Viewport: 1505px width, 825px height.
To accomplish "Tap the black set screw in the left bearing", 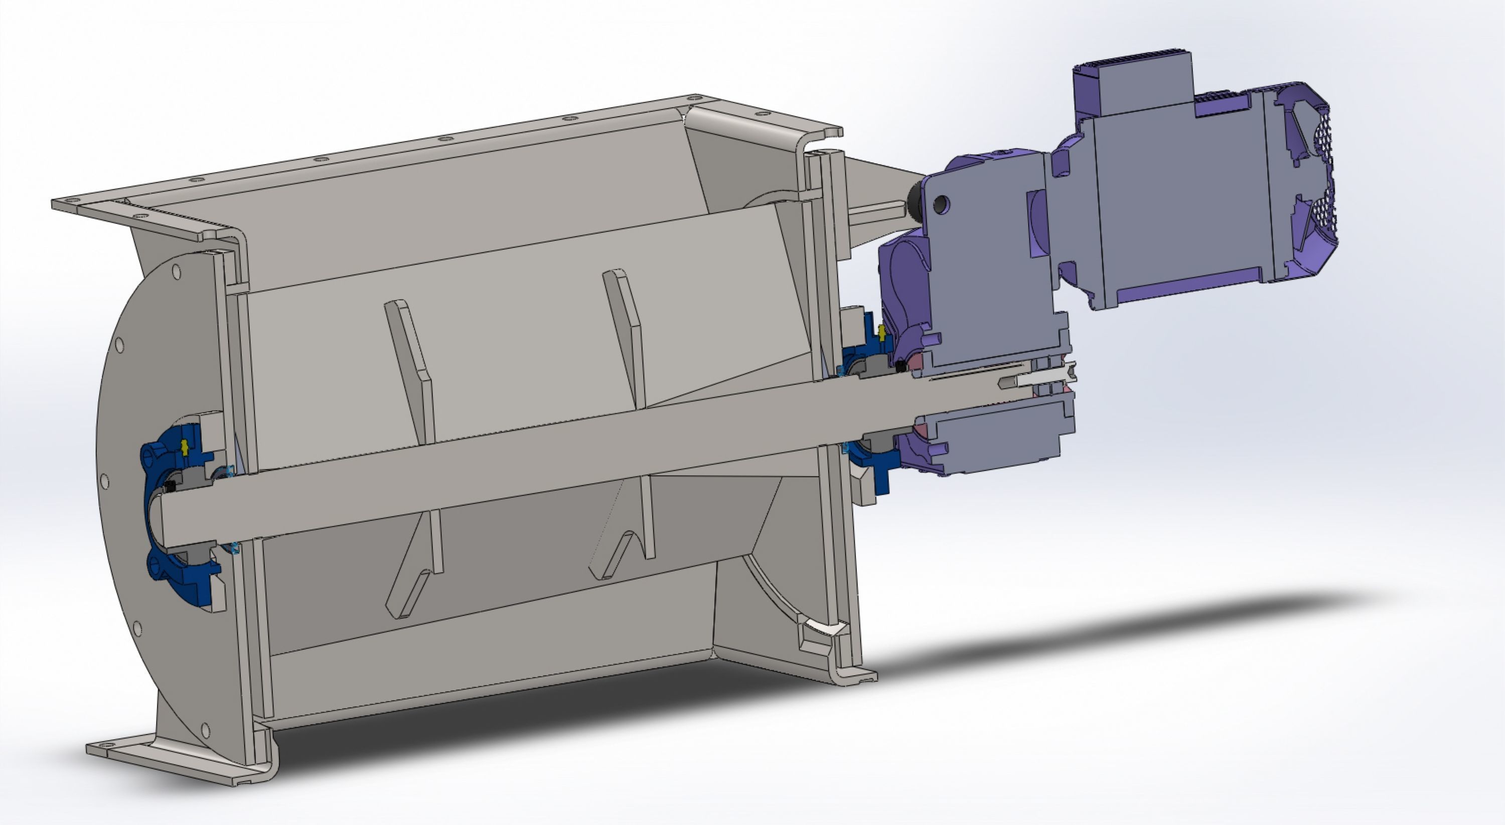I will (171, 486).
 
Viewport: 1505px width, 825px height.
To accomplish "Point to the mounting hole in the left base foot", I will (107, 747).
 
